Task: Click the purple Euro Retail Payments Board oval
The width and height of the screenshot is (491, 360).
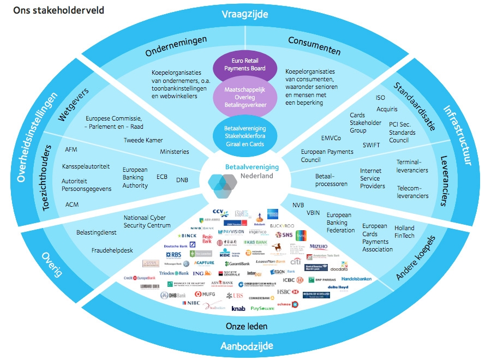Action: point(245,65)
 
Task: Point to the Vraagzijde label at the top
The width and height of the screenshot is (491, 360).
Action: point(245,14)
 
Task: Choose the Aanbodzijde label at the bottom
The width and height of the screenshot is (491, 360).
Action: point(247,346)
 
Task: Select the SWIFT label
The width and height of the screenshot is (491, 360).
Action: point(371,145)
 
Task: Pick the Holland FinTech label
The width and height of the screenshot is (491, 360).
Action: point(405,232)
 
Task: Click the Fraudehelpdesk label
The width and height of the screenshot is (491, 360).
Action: point(112,251)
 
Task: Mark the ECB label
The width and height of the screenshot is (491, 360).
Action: point(162,177)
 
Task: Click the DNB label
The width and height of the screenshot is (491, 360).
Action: point(182,180)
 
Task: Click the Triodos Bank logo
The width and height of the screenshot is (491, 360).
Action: point(174,273)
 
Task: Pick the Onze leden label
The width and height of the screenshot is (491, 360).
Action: point(247,326)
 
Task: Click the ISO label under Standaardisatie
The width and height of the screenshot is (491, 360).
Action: point(380,98)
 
